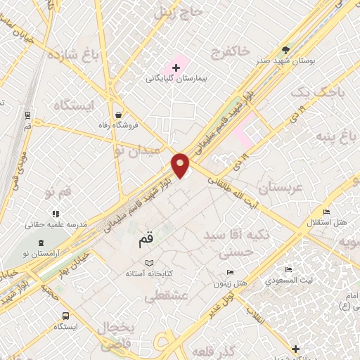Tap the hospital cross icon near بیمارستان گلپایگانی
176,67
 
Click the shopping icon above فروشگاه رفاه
117,113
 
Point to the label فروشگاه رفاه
117,124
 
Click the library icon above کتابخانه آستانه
148,262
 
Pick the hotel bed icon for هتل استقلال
326,212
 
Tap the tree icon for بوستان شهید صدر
285,50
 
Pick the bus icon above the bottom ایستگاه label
65,316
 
